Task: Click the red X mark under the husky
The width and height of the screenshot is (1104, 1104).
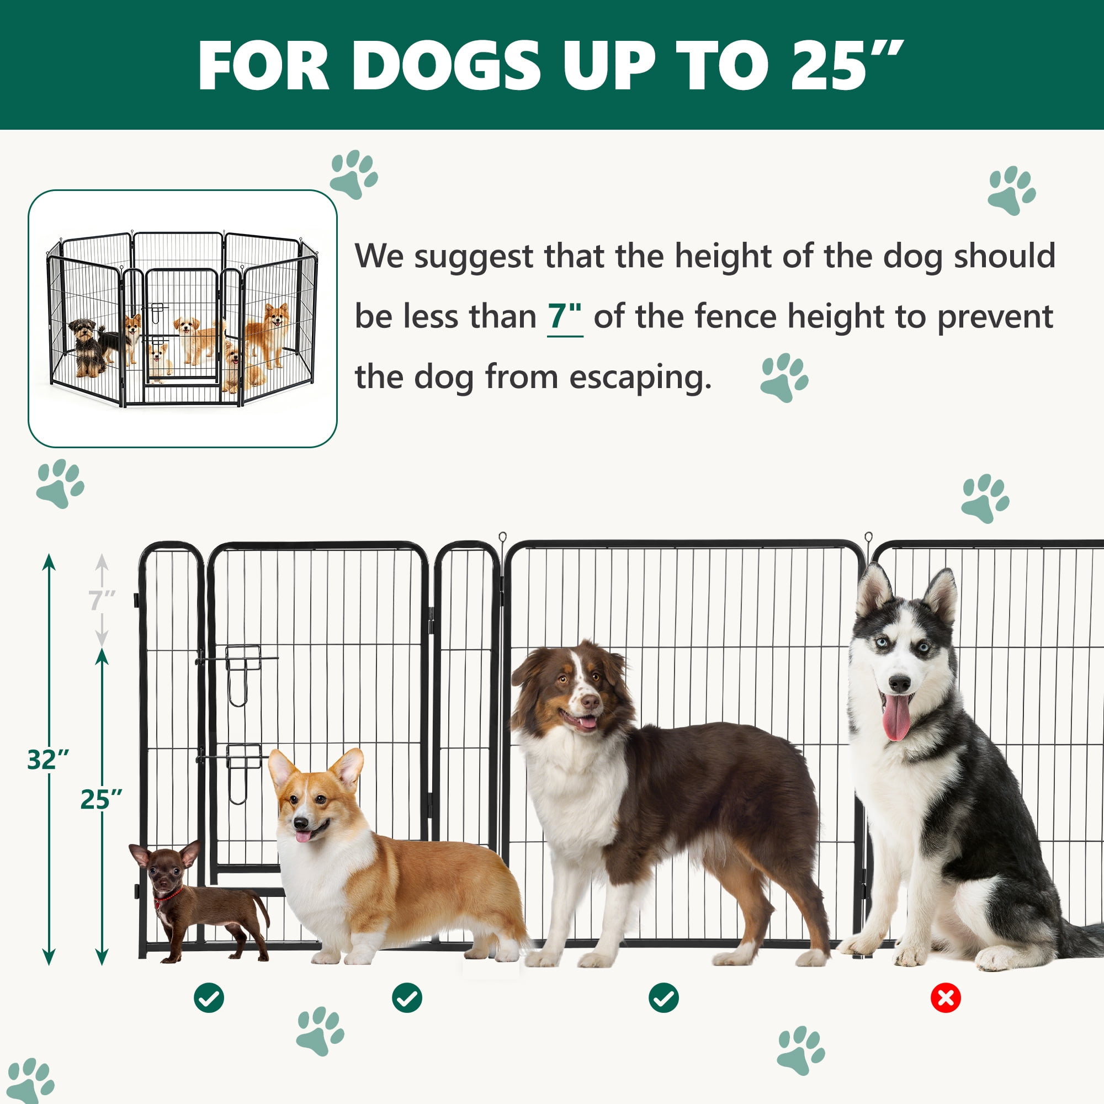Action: [x=946, y=998]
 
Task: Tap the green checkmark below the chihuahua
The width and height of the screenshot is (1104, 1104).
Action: [x=209, y=998]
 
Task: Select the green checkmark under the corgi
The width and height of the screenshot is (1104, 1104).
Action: [x=407, y=998]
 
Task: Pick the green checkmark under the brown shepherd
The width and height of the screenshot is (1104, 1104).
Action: [x=664, y=998]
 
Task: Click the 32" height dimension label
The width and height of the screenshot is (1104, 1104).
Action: [x=48, y=760]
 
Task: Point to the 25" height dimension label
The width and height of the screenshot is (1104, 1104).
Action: [x=101, y=799]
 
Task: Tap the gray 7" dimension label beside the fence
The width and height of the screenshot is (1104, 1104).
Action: [x=102, y=601]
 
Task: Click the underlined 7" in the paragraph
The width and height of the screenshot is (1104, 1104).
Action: [x=565, y=316]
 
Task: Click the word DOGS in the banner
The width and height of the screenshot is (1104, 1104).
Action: [x=445, y=66]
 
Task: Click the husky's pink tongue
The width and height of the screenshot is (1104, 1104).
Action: [x=896, y=716]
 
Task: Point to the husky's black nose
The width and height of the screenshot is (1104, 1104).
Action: [x=899, y=683]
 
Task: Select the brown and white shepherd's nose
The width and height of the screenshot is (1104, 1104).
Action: [x=590, y=701]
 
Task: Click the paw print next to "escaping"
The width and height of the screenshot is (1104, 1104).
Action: [x=784, y=377]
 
